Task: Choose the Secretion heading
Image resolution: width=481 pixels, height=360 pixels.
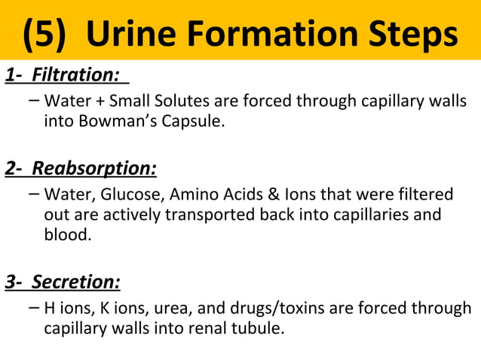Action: [x=76, y=282]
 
